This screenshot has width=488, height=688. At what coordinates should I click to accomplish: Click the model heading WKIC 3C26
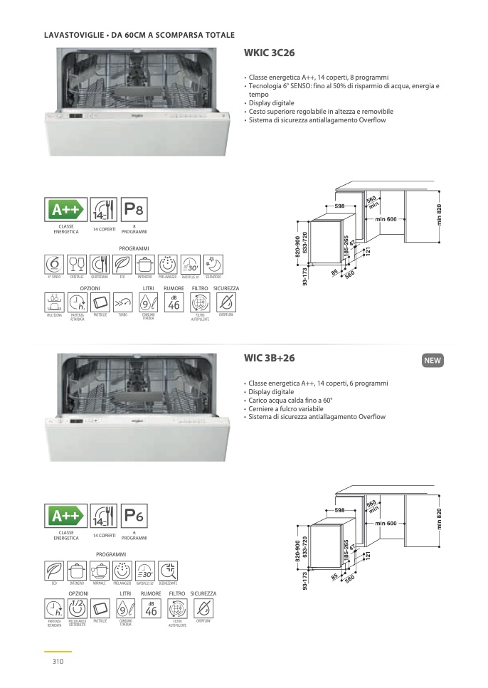point(270,53)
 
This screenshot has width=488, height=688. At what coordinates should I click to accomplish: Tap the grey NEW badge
point(433,361)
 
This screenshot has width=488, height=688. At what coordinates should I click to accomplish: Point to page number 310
point(58,662)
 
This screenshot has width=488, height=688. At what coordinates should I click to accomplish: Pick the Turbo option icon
point(122,302)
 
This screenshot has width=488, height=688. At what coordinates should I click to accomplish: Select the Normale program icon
point(99,570)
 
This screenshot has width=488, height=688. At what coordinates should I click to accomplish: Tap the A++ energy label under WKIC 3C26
point(66,210)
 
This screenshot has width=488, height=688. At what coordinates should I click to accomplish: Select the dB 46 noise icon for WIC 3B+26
point(151,608)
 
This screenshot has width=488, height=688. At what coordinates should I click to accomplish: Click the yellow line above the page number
point(58,651)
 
